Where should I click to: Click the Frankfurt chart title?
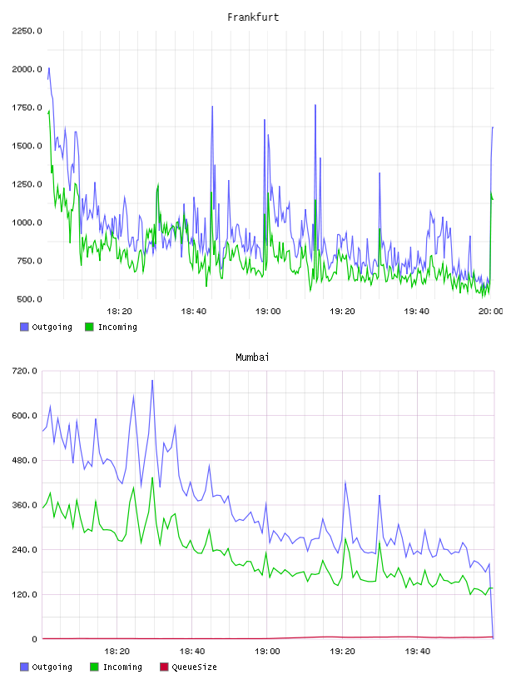pyautogui.click(x=253, y=17)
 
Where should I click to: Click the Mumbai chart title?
pyautogui.click(x=252, y=357)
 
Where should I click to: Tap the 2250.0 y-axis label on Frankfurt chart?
pyautogui.click(x=27, y=31)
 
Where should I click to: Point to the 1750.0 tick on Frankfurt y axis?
pyautogui.click(x=27, y=107)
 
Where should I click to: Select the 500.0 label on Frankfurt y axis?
pyautogui.click(x=29, y=299)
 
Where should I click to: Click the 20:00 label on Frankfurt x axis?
pyautogui.click(x=490, y=312)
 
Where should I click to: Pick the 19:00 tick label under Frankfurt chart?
pyautogui.click(x=268, y=312)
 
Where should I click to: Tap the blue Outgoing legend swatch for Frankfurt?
pyautogui.click(x=24, y=327)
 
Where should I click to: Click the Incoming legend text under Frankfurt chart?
pyautogui.click(x=117, y=327)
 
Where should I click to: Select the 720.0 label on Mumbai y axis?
pyautogui.click(x=24, y=371)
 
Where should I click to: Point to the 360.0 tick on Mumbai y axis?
pyautogui.click(x=24, y=505)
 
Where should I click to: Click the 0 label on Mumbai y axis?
pyautogui.click(x=34, y=639)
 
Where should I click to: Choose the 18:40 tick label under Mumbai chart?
pyautogui.click(x=192, y=652)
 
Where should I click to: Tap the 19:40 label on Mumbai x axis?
pyautogui.click(x=418, y=652)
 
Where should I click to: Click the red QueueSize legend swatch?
pyautogui.click(x=164, y=667)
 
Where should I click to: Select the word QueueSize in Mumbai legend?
pyautogui.click(x=194, y=667)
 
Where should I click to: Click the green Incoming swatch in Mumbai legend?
pyautogui.click(x=94, y=667)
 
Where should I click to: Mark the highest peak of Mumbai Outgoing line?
pyautogui.click(x=152, y=380)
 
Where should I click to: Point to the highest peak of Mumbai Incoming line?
pyautogui.click(x=152, y=477)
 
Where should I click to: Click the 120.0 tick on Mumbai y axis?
pyautogui.click(x=24, y=594)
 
